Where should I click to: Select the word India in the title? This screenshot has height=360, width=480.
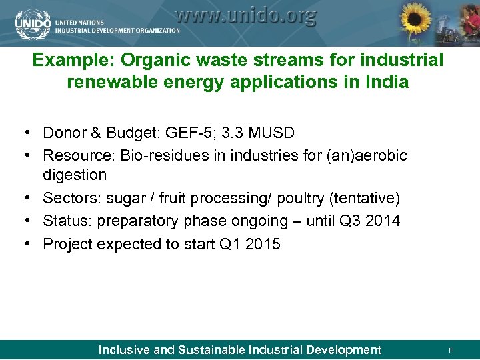tap(389, 83)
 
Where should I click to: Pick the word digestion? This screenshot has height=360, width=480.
tap(75, 175)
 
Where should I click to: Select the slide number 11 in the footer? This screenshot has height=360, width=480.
tap(451, 350)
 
